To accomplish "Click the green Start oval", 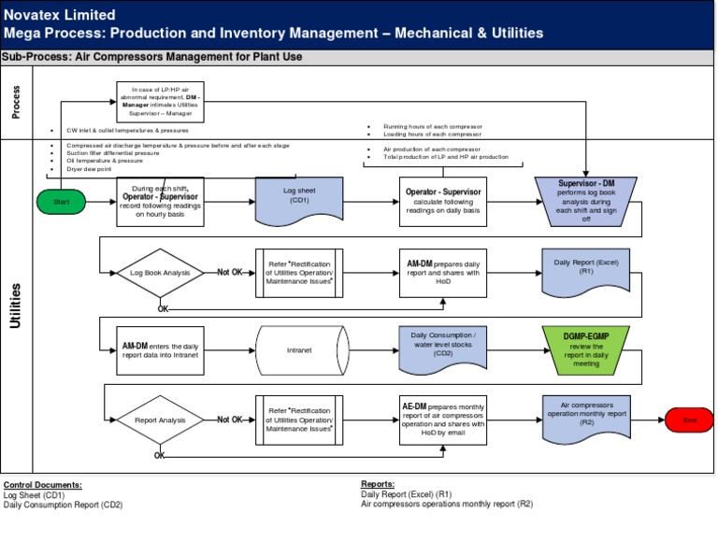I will click(x=63, y=202).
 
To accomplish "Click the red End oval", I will click(x=689, y=420).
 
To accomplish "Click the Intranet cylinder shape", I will click(x=299, y=350).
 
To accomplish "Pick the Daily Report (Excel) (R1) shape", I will click(x=586, y=271).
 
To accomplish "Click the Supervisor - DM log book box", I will click(x=586, y=200).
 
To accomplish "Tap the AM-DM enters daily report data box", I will click(x=159, y=350).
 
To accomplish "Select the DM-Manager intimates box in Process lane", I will click(x=159, y=101).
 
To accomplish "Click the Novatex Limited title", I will click(x=60, y=15).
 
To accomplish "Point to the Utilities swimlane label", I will click(x=16, y=306).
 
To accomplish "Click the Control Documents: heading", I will click(x=42, y=485).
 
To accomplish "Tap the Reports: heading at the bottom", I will click(x=379, y=485).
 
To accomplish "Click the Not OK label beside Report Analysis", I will click(x=230, y=420).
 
